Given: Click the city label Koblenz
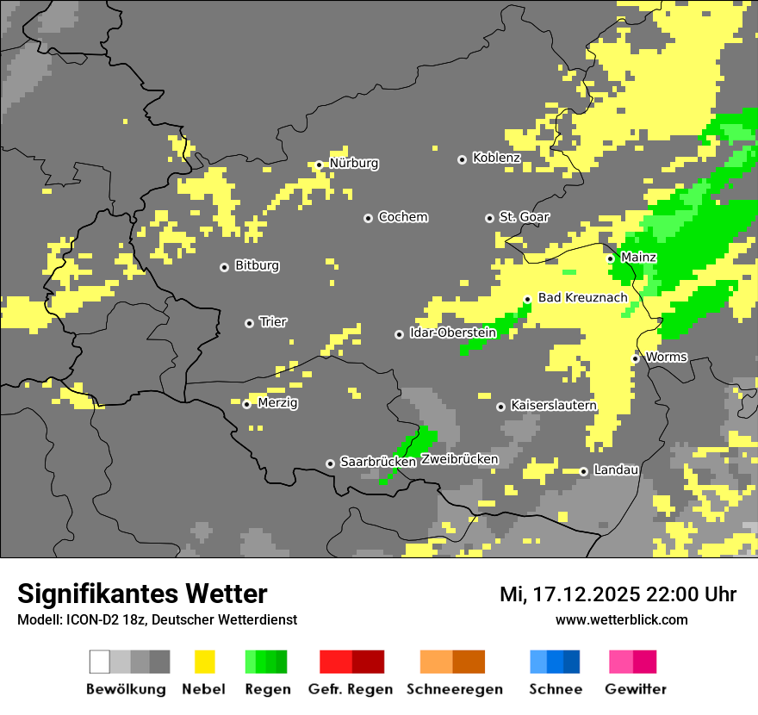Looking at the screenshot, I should click(x=496, y=159).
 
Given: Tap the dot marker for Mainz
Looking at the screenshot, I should click(x=611, y=258).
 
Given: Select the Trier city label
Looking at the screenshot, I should click(x=273, y=322).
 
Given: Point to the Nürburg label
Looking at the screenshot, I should click(x=353, y=164).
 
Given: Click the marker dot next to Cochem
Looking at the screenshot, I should click(x=368, y=218).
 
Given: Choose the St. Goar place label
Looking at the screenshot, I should click(x=524, y=217).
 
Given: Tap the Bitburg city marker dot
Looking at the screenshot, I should click(x=224, y=267).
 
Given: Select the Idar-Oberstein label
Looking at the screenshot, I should click(x=453, y=333).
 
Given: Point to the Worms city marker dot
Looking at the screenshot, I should click(x=635, y=358).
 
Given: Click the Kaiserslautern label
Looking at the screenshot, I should click(x=553, y=406).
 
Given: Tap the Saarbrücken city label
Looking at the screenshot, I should click(x=378, y=463).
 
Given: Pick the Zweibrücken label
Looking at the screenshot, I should click(x=459, y=460).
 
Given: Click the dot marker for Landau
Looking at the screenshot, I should click(x=583, y=471).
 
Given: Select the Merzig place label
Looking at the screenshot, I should click(x=276, y=403).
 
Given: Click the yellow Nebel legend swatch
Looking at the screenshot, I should click(x=204, y=662).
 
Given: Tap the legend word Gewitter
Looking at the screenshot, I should click(x=635, y=689).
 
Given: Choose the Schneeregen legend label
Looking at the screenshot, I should click(x=455, y=689).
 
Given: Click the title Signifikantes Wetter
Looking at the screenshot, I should click(x=142, y=594).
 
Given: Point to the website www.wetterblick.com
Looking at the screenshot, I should click(x=621, y=620).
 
